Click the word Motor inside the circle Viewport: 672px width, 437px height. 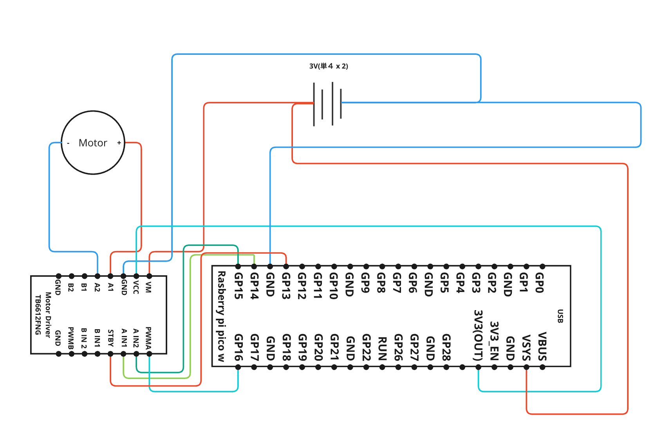(x=93, y=143)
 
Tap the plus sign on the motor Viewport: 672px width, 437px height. (x=119, y=143)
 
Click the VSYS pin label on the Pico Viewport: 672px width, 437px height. (x=526, y=347)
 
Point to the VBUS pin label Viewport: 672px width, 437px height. (x=542, y=346)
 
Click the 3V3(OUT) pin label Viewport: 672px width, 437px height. (x=478, y=335)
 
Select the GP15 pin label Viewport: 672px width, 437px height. (x=238, y=286)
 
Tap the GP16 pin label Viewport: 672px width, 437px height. (x=238, y=347)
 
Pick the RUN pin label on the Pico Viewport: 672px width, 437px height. (x=382, y=348)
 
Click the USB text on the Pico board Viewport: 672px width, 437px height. (x=560, y=316)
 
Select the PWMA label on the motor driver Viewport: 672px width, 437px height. (x=148, y=338)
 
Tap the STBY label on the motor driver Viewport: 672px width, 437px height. (x=110, y=338)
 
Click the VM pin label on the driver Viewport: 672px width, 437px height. (x=148, y=287)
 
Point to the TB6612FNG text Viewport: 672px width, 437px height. (x=38, y=315)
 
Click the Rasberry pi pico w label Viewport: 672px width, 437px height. (x=221, y=316)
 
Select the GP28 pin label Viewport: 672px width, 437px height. (x=446, y=347)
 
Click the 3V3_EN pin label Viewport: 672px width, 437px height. (x=494, y=341)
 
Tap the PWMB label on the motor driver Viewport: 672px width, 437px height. (x=71, y=338)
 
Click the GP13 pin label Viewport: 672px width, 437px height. (x=286, y=286)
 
